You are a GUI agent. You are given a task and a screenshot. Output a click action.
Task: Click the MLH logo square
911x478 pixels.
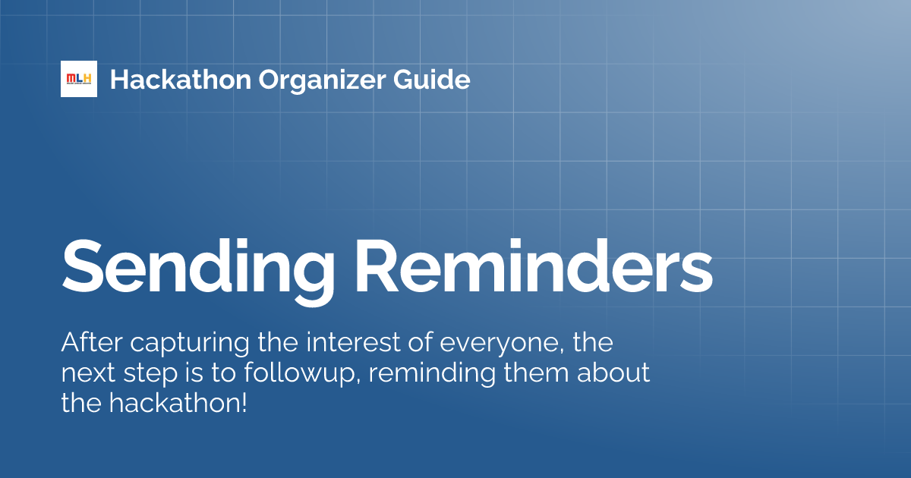click(79, 79)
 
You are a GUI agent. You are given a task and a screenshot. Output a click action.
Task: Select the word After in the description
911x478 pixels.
click(89, 343)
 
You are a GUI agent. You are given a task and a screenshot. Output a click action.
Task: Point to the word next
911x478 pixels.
click(85, 373)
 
